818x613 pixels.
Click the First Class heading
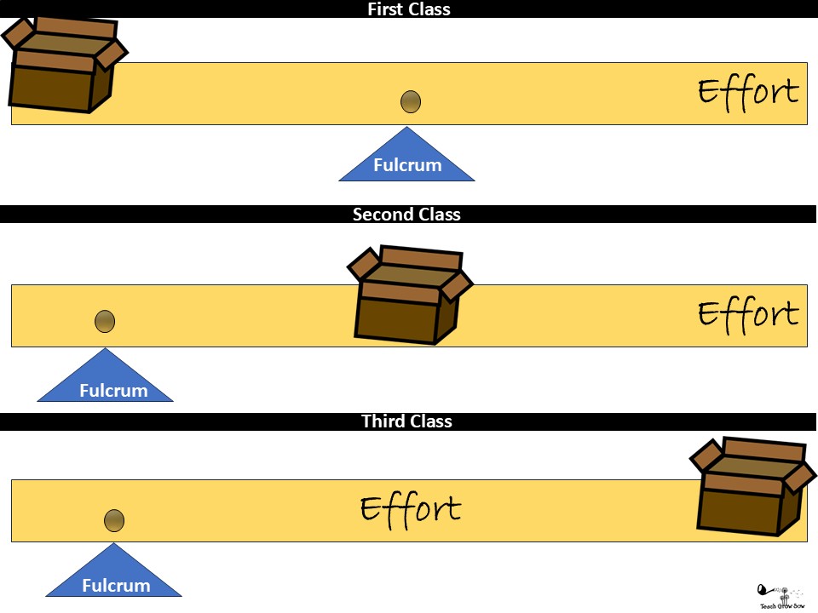408,9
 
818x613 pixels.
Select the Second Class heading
406,215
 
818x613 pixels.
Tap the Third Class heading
406,421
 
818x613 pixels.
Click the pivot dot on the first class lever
411,102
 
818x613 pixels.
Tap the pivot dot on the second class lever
104,321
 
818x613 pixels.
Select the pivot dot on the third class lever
114,520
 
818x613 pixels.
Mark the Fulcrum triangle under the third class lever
113,576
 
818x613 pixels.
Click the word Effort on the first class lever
748,91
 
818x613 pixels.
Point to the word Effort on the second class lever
748,313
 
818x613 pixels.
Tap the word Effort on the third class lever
410,509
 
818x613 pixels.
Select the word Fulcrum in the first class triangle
407,165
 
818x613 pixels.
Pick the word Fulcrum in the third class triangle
116,586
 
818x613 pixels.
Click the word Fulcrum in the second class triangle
113,391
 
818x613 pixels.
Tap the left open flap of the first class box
18,33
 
